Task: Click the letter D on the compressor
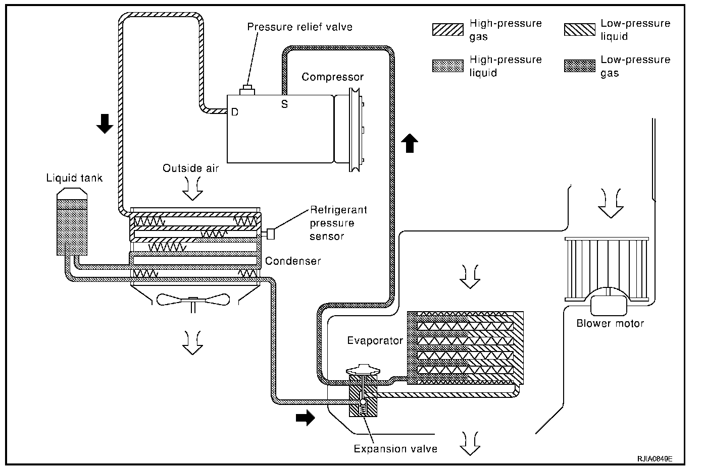point(234,112)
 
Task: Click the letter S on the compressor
point(284,104)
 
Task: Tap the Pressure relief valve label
point(299,27)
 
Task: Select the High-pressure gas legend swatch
point(448,30)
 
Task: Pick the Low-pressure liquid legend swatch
point(580,30)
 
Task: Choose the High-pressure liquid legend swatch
point(448,66)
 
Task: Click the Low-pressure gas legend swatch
point(580,66)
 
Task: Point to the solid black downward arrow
point(105,124)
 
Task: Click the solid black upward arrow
point(410,143)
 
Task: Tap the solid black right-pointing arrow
point(306,418)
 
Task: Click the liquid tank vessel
point(72,221)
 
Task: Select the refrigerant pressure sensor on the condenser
point(270,234)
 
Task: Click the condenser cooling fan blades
point(193,300)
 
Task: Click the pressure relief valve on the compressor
point(247,90)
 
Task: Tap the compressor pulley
point(355,130)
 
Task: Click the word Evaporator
point(375,340)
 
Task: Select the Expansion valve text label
point(395,449)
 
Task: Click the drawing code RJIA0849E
point(655,459)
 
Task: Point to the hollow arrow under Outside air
point(193,189)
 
